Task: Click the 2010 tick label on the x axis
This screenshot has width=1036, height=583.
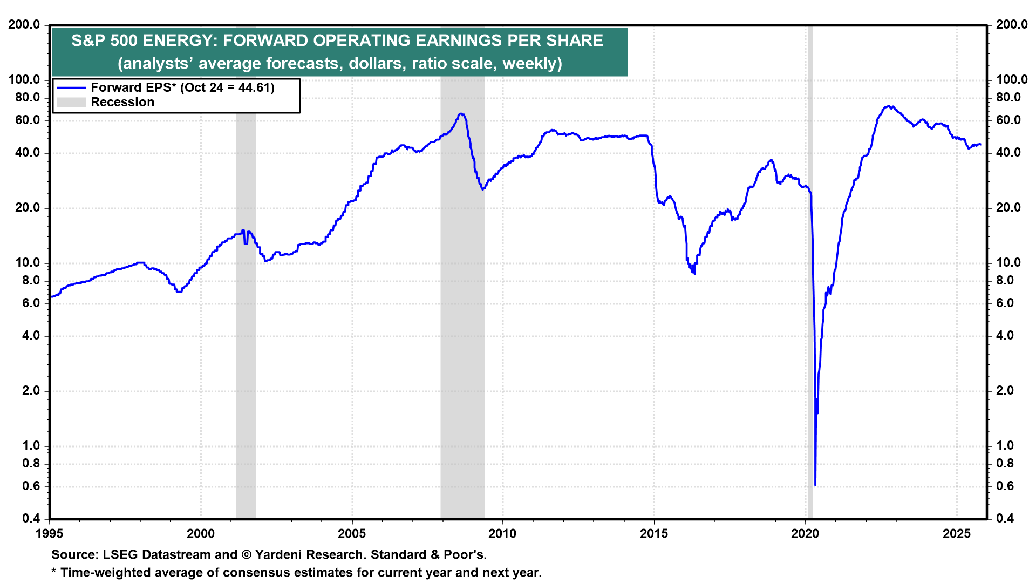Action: click(502, 534)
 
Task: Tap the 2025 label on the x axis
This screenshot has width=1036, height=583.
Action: click(956, 534)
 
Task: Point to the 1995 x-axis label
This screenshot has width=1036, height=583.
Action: click(50, 534)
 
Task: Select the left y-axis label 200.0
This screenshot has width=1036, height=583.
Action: click(24, 25)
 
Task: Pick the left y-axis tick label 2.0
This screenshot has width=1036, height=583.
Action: click(31, 391)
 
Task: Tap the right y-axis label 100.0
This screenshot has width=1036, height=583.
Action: click(1012, 80)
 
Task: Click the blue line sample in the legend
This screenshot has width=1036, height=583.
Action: click(71, 88)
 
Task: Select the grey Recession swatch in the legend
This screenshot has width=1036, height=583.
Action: click(71, 103)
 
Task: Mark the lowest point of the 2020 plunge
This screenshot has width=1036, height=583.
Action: click(815, 485)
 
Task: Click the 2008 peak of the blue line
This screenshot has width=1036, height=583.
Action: click(460, 114)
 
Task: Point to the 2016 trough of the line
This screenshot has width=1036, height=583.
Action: click(694, 273)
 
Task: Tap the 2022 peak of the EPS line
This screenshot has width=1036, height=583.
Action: click(888, 106)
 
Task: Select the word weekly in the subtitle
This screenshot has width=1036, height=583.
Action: click(529, 64)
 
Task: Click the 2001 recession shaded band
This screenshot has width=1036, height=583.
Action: click(246, 324)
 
